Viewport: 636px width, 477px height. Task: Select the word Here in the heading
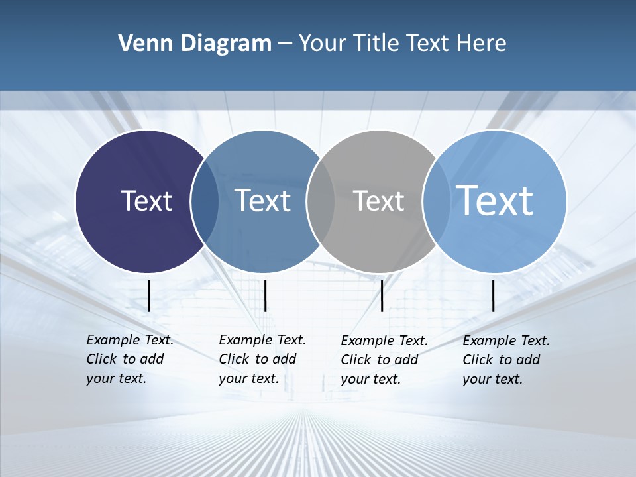(x=482, y=44)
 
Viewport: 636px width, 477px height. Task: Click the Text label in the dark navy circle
(x=146, y=201)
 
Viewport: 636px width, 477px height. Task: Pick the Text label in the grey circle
(x=378, y=201)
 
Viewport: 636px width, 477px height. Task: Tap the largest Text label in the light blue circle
(x=494, y=200)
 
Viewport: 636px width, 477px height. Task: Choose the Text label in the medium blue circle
(x=262, y=201)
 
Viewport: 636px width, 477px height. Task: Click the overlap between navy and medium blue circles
(x=205, y=201)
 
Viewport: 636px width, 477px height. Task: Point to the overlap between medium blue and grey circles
(x=321, y=201)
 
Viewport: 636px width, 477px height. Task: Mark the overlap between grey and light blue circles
(x=436, y=201)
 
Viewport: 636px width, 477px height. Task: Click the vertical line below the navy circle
(x=149, y=295)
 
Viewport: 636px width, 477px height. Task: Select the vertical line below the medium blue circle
(x=265, y=295)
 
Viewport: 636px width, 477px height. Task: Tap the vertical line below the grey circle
(x=382, y=295)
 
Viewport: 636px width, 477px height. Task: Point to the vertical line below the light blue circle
(x=493, y=295)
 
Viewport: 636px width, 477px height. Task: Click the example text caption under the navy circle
(x=129, y=359)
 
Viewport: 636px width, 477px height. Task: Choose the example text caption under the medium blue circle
(x=262, y=359)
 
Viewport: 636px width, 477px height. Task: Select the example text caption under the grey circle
(x=384, y=360)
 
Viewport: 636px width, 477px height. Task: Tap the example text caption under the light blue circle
(x=505, y=360)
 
